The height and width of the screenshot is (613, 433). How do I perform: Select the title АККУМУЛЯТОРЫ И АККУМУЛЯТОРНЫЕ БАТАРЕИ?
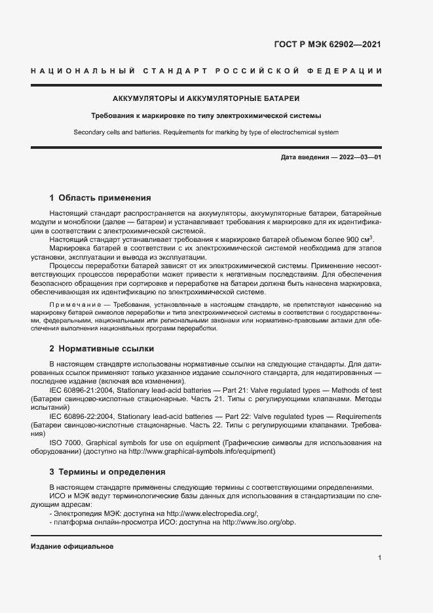tap(206, 98)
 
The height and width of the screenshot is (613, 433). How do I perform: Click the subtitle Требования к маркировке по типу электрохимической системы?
tap(206, 116)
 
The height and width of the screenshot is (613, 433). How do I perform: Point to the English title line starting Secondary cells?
tap(206, 132)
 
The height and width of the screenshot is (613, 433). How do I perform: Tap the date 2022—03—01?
tap(359, 158)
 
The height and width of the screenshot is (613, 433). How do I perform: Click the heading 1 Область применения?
tap(100, 197)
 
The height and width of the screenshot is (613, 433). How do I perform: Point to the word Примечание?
tap(73, 305)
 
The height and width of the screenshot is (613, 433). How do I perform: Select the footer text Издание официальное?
tap(72, 546)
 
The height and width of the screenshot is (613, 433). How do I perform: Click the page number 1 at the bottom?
tap(379, 557)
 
